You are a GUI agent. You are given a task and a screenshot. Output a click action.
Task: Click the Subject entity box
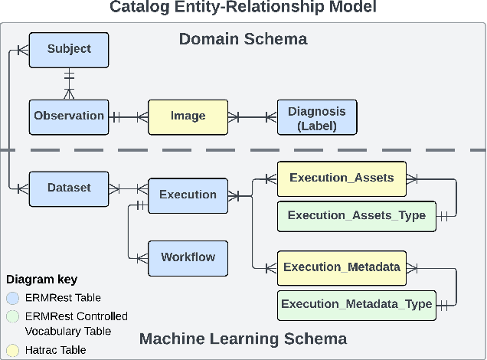click(68, 49)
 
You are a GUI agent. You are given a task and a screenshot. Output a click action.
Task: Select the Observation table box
click(68, 116)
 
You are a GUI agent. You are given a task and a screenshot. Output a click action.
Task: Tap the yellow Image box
click(188, 116)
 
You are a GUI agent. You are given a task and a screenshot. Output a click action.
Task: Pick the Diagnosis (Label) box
click(316, 119)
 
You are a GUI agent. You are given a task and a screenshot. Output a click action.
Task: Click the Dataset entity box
click(68, 188)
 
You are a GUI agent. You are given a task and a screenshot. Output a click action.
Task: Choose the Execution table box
click(188, 195)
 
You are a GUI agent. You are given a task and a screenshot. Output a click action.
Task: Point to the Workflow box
click(188, 257)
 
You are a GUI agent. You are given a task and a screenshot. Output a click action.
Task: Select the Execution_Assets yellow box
click(341, 178)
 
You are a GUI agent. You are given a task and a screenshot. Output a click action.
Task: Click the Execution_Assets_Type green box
click(357, 215)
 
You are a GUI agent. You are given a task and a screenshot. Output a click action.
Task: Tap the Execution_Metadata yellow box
click(341, 267)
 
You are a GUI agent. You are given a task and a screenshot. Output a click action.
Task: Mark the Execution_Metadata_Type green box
click(356, 304)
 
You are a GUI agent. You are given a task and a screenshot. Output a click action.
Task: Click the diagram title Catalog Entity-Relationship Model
click(243, 8)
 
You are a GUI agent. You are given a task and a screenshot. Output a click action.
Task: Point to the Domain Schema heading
click(243, 38)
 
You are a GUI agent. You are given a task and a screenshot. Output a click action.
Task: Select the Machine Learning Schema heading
click(243, 339)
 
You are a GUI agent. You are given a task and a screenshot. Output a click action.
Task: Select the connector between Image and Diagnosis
click(252, 117)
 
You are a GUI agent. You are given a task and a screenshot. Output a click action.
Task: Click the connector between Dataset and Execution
click(127, 188)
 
